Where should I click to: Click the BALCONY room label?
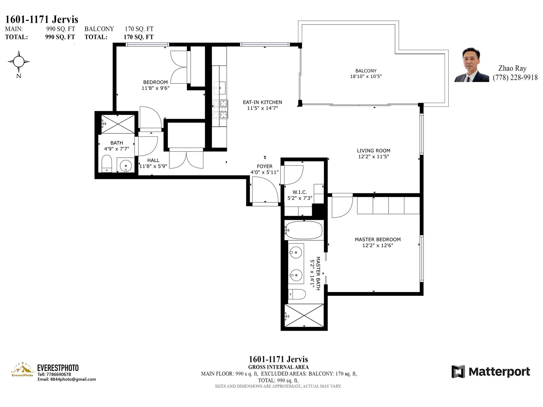[366, 71]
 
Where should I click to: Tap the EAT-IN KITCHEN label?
[262, 102]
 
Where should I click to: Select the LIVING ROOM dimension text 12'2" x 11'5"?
[374, 156]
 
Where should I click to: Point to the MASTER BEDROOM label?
[378, 239]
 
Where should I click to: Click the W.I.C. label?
[300, 192]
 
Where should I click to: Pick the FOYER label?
[264, 166]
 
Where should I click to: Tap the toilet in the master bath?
[297, 294]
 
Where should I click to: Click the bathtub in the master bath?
[304, 230]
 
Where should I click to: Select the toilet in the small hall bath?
[107, 163]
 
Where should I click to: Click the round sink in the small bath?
[126, 165]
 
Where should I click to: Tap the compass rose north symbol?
[19, 61]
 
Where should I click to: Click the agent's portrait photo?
[471, 65]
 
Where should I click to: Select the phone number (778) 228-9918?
[515, 78]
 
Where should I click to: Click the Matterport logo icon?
[458, 371]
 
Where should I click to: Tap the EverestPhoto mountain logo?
[22, 369]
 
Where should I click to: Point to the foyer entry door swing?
[265, 190]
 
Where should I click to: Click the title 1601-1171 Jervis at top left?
[41, 19]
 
